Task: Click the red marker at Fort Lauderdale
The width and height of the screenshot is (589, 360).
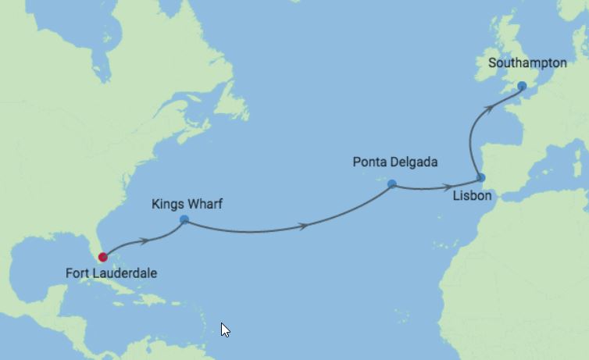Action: coord(103,256)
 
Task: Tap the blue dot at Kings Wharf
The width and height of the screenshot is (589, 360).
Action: coord(184,219)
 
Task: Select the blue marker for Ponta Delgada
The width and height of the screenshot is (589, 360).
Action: coord(392,184)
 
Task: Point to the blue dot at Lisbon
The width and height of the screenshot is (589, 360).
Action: coord(481,178)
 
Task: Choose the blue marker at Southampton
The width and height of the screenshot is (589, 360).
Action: coord(522,85)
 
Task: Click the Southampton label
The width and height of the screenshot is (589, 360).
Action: coord(527,62)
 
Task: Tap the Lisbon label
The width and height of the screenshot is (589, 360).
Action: coord(473,196)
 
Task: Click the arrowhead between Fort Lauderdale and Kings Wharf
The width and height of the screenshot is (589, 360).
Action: coord(144,241)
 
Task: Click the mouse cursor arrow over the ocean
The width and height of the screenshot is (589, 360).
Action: coord(225,330)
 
